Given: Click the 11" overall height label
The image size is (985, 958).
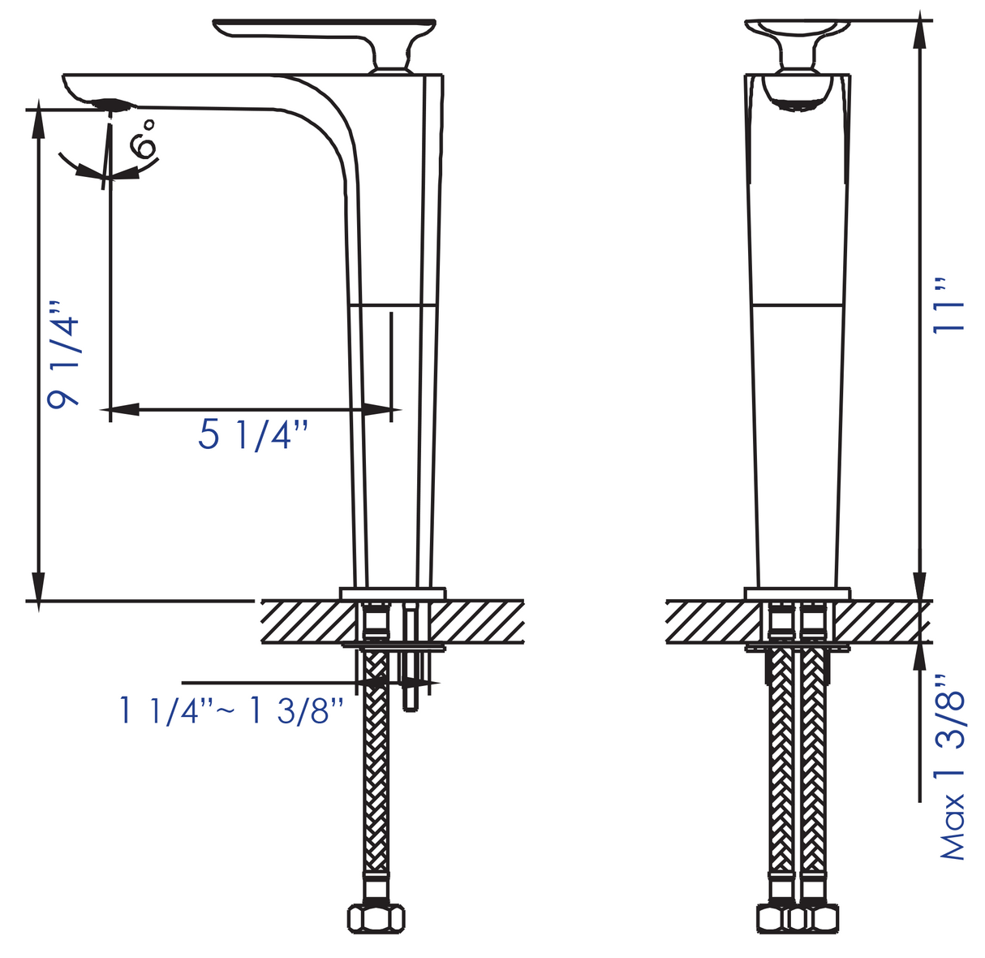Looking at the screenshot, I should click(x=948, y=306).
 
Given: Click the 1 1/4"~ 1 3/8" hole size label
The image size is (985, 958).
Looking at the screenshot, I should click(x=231, y=711).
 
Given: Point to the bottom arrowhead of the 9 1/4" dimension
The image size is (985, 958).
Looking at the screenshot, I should click(x=37, y=586).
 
